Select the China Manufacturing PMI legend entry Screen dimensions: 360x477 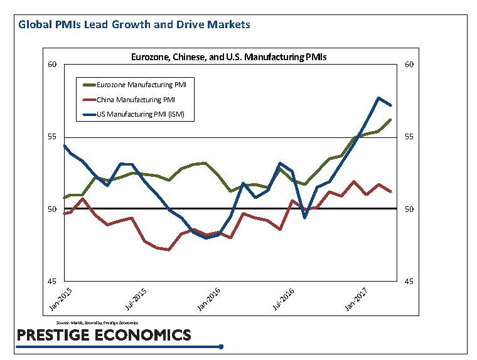135,99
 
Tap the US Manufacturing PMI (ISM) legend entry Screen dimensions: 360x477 141,115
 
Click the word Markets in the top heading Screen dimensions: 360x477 230,25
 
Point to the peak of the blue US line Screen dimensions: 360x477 378,98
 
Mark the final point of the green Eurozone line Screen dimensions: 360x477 391,119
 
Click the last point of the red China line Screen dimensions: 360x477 391,191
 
